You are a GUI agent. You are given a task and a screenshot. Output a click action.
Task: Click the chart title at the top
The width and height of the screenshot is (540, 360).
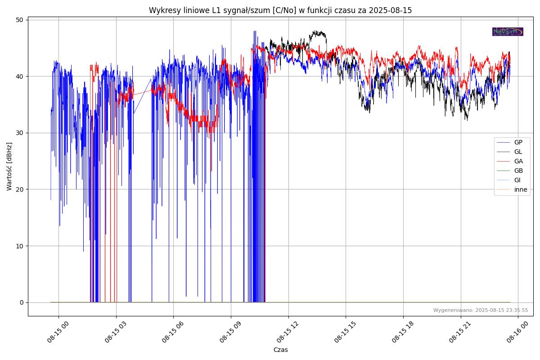pyautogui.click(x=280, y=10)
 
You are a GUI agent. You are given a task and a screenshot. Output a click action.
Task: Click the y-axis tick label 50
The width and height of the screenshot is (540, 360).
pyautogui.click(x=19, y=20)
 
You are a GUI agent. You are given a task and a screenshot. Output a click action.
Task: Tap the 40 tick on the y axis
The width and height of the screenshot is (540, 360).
pyautogui.click(x=19, y=76)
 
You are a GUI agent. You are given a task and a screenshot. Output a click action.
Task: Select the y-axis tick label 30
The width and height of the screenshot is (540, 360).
pyautogui.click(x=19, y=133)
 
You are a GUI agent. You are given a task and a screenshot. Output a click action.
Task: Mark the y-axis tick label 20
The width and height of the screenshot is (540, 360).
pyautogui.click(x=19, y=189)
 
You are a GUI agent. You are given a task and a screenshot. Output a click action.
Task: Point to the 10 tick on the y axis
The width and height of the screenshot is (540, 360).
pyautogui.click(x=19, y=246)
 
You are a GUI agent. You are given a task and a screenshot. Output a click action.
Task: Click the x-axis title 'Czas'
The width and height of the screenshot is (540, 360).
pyautogui.click(x=280, y=350)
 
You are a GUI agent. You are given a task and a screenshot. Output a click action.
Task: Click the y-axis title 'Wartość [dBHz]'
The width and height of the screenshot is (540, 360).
pyautogui.click(x=9, y=166)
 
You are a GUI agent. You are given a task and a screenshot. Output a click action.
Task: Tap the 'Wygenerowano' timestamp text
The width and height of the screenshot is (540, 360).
pyautogui.click(x=481, y=310)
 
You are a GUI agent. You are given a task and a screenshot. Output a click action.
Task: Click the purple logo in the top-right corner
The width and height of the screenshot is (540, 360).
pyautogui.click(x=508, y=31)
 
